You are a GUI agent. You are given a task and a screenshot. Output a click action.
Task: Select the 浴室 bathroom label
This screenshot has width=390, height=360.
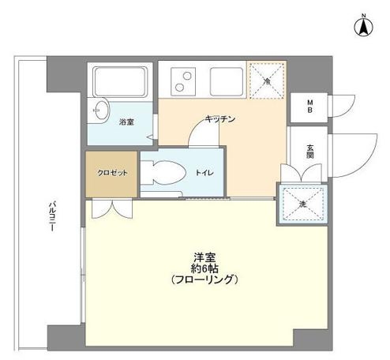(x=126, y=122)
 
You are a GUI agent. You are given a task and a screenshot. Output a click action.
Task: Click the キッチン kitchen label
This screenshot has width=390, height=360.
(x=218, y=118)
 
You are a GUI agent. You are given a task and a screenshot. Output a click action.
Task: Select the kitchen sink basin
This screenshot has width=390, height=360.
(x=227, y=79)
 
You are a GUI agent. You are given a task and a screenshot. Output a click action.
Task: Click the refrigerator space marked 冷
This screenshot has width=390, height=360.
(x=267, y=80)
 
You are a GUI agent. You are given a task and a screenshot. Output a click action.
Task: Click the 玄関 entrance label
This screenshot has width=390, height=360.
(x=310, y=151)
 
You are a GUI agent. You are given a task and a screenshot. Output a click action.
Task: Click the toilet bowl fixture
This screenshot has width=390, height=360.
(x=166, y=172)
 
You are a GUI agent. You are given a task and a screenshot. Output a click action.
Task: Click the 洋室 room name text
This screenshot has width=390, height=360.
(x=204, y=257)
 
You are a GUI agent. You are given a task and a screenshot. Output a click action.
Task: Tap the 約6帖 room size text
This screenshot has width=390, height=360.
(x=204, y=268)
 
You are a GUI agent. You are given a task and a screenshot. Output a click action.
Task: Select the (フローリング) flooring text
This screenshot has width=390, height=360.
(x=204, y=280)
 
